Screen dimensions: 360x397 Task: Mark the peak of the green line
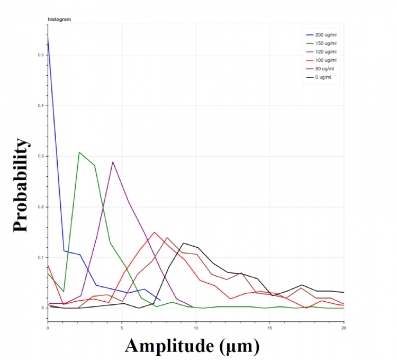79,152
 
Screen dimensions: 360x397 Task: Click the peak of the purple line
113,162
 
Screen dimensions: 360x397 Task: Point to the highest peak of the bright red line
155,232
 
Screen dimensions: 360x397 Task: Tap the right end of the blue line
160,300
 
